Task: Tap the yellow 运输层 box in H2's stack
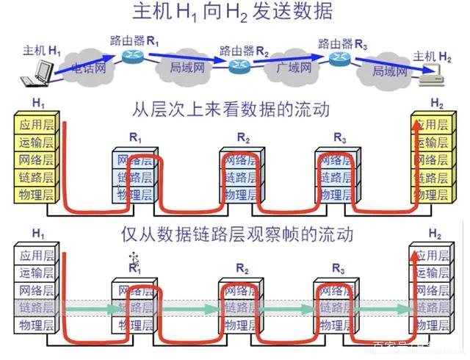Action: click(430, 142)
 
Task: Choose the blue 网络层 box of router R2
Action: click(240, 160)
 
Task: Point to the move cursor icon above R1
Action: click(134, 258)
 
